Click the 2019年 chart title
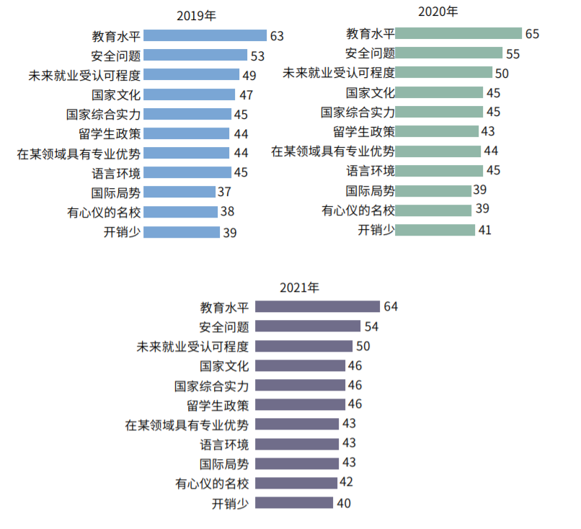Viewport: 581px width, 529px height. (x=196, y=15)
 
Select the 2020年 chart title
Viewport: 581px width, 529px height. (x=438, y=12)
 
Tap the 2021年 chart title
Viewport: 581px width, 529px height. (x=299, y=288)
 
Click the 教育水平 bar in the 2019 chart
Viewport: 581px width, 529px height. (x=205, y=35)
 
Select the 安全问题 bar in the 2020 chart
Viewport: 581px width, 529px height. (x=448, y=53)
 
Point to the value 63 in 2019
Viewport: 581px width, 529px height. (x=277, y=35)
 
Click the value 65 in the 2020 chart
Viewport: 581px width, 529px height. (x=532, y=33)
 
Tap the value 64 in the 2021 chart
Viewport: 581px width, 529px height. (x=390, y=306)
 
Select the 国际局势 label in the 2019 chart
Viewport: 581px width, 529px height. (x=115, y=192)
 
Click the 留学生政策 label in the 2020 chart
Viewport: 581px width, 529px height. (x=364, y=131)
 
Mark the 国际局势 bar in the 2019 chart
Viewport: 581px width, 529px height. (x=179, y=192)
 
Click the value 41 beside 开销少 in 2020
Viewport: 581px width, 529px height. (x=485, y=230)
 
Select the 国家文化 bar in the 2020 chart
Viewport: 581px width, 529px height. (x=439, y=92)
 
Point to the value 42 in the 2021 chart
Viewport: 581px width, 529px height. (x=346, y=482)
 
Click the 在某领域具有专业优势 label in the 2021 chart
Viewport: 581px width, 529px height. (x=187, y=424)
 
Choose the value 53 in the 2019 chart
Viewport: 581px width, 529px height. (x=257, y=55)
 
